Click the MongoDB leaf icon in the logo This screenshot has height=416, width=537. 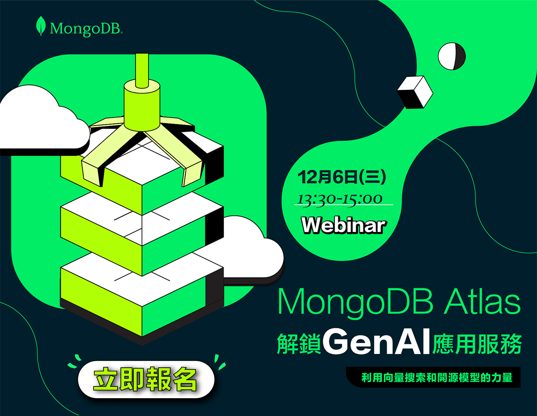[41, 26]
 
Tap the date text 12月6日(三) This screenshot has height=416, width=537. [342, 177]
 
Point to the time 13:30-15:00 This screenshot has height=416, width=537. [340, 199]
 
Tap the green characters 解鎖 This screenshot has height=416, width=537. [298, 344]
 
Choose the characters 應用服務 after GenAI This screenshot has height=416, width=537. [477, 344]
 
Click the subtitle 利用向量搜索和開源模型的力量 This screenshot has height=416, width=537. [437, 378]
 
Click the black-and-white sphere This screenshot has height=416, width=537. [452, 56]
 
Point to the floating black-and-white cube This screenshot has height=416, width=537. [415, 92]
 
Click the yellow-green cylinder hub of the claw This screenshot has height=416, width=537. [142, 106]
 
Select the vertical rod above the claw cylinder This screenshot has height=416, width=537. [142, 70]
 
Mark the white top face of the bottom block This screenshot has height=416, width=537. [142, 280]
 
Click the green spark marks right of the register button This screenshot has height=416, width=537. [220, 362]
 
